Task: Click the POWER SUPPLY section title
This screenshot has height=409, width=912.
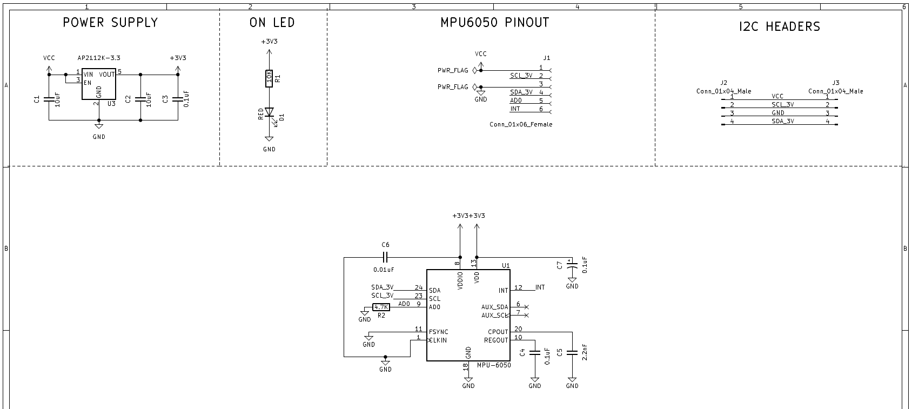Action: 110,23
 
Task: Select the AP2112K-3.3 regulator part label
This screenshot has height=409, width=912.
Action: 98,58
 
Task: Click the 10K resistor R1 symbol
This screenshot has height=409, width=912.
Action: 269,78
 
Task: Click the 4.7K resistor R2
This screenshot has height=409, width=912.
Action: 381,307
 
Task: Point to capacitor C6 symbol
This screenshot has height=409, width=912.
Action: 385,257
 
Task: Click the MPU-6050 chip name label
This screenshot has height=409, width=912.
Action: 494,365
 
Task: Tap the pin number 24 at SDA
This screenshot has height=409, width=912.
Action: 419,287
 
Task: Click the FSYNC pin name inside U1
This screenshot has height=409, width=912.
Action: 438,332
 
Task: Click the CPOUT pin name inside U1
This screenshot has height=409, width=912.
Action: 498,332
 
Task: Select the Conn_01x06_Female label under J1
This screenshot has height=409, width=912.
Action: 521,124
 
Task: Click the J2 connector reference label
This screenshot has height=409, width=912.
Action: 724,83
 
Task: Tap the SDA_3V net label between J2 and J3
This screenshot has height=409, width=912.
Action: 782,121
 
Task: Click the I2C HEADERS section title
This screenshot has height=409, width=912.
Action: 779,26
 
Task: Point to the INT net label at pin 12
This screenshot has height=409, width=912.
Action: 540,287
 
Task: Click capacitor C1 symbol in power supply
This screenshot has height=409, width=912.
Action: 49,99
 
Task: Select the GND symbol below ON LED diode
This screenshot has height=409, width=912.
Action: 269,140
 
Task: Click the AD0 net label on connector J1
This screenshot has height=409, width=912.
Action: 516,100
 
